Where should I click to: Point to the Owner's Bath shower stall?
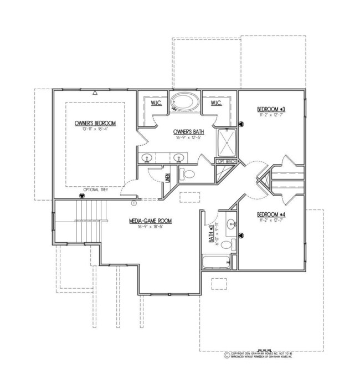(226, 142)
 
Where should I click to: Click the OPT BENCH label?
(226, 162)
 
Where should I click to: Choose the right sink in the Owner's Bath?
(179, 157)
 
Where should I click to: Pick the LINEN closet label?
(167, 178)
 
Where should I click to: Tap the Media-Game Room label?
(150, 221)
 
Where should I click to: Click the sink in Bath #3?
(233, 224)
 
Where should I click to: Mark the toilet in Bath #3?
(233, 244)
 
